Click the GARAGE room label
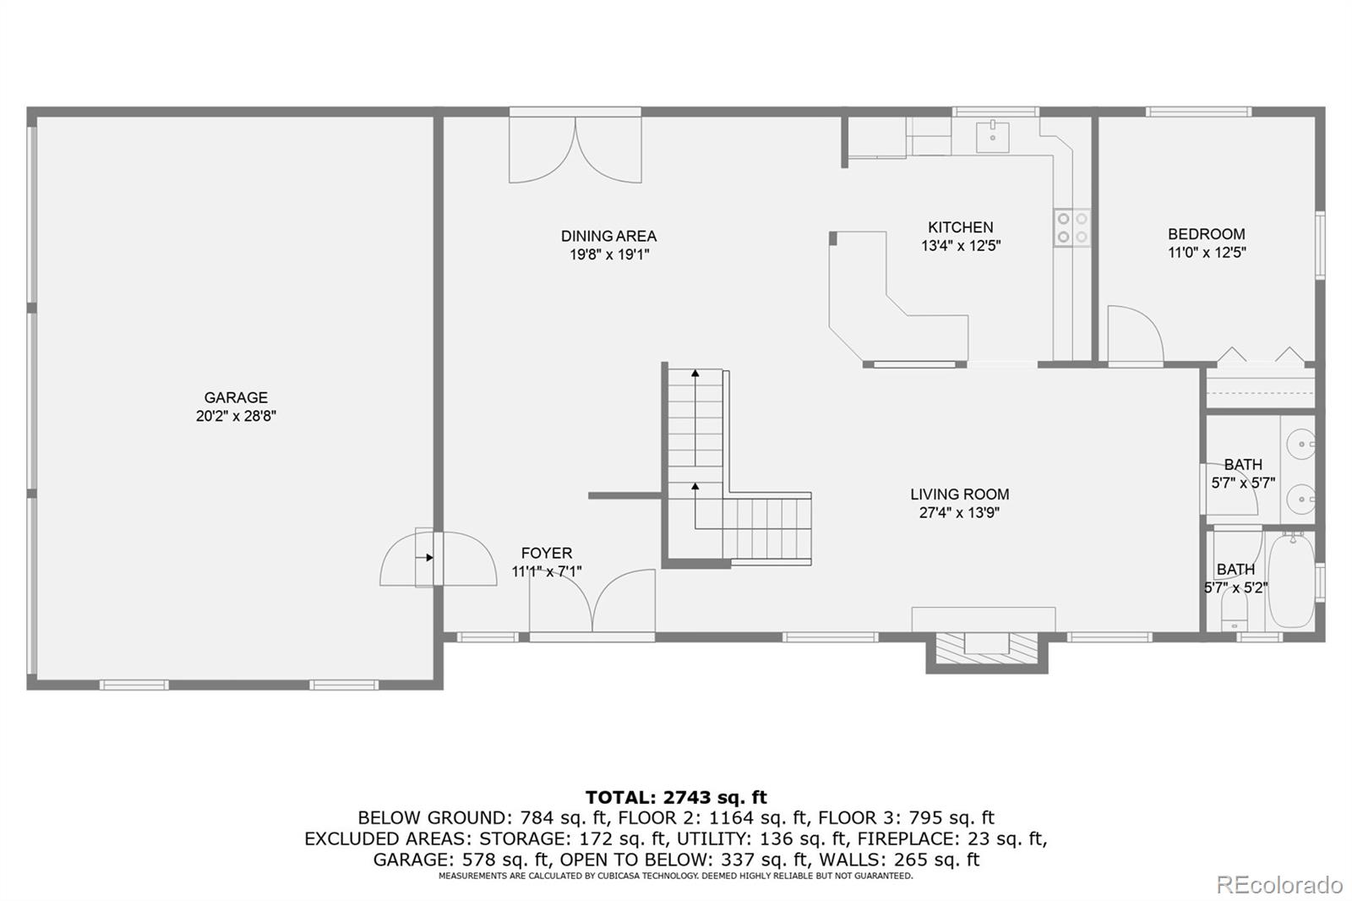[236, 397]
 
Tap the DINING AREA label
[608, 236]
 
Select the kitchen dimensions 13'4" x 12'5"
[961, 246]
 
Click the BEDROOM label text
[1206, 234]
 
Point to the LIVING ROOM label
[959, 494]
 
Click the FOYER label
[546, 554]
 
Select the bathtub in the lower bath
[1291, 580]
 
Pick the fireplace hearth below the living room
[986, 646]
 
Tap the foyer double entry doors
[592, 602]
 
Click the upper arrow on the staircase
[695, 374]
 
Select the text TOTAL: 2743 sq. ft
[676, 797]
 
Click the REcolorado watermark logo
[1278, 884]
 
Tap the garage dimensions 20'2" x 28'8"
[236, 416]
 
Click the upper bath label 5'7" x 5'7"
[1242, 483]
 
